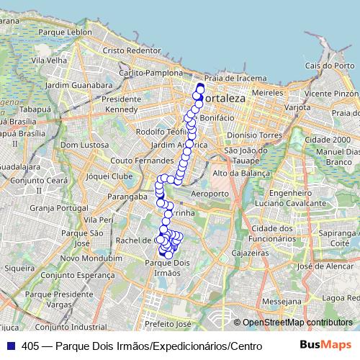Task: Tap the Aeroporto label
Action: click(211, 194)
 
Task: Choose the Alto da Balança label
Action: click(241, 174)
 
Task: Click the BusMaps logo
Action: click(325, 345)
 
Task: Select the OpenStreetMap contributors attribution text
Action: click(294, 323)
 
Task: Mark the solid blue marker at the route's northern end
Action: click(201, 88)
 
